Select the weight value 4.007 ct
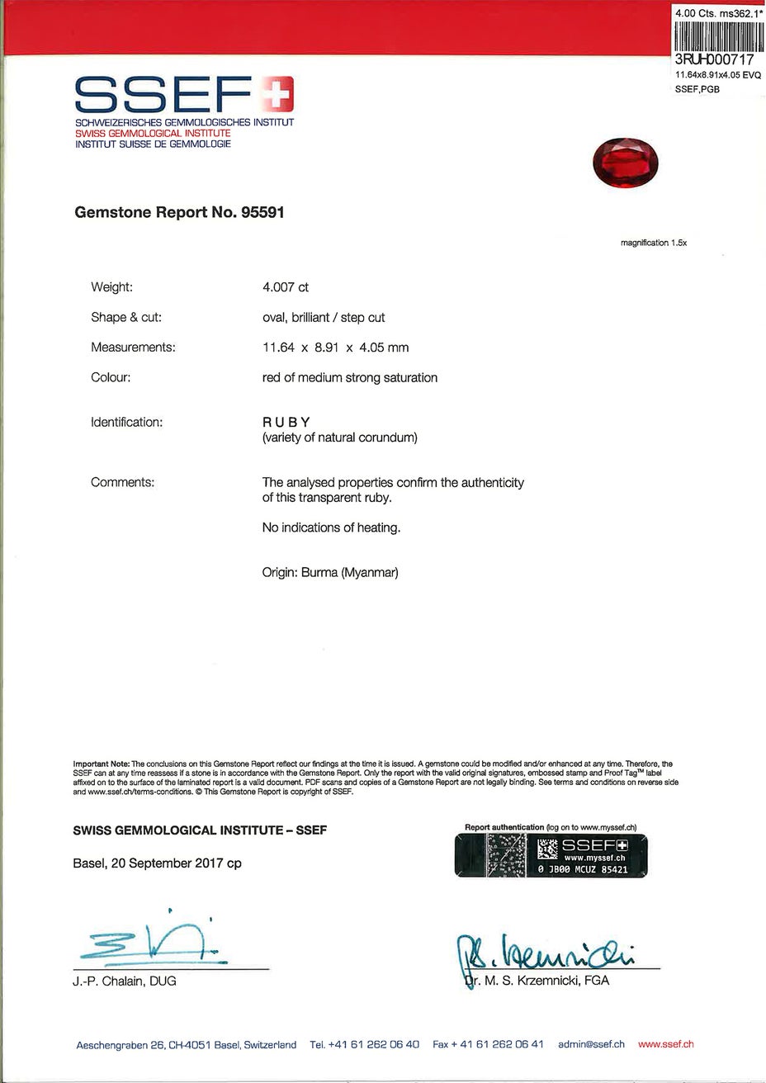(x=285, y=287)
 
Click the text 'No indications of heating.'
(x=331, y=527)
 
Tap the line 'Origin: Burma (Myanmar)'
(x=330, y=572)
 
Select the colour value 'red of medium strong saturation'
(x=349, y=378)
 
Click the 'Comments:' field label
(x=122, y=482)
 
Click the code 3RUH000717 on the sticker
(x=715, y=60)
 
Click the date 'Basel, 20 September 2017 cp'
(x=158, y=863)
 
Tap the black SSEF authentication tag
(x=551, y=855)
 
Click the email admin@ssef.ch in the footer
(x=591, y=1044)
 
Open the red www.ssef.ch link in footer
(x=665, y=1044)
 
